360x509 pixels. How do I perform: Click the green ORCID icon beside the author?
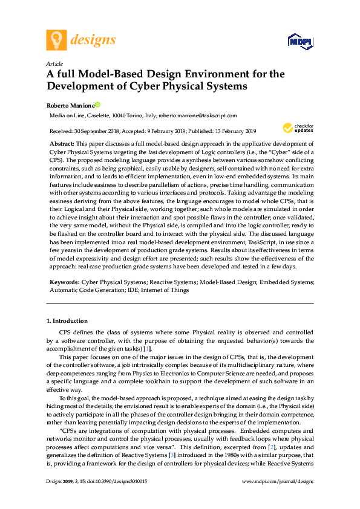(x=97, y=105)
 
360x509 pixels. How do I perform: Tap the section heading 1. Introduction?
(x=67, y=320)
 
